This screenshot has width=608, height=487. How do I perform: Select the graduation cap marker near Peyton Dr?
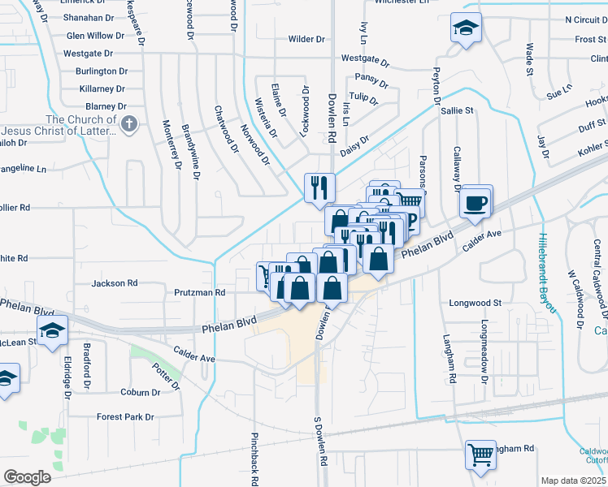point(466,29)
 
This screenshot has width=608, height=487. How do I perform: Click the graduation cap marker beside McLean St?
point(54,331)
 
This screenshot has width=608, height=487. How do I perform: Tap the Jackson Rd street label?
point(115,283)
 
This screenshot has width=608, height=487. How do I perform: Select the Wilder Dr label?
point(306,39)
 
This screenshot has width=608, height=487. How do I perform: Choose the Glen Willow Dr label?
point(95,36)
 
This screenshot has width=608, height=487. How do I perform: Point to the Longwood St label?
point(476,303)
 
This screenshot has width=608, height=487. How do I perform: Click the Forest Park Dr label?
point(125,417)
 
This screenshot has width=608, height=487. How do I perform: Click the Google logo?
point(26,476)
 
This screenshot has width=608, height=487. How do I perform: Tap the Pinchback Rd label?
point(254,456)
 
